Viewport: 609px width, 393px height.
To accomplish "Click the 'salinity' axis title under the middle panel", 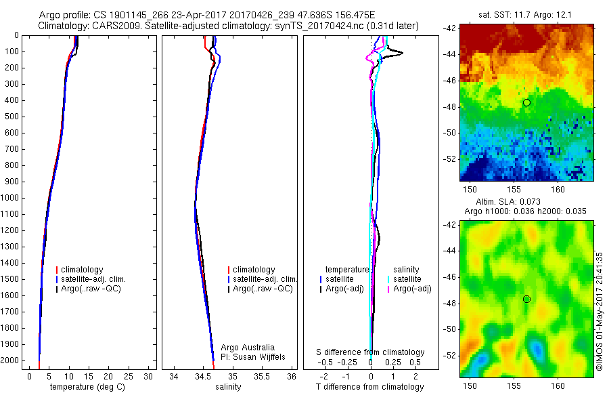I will (228, 387).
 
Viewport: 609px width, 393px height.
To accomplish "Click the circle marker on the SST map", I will (526, 102).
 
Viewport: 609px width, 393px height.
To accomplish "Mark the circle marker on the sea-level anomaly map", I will (526, 299).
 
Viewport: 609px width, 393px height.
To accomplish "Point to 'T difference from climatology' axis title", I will (369, 387).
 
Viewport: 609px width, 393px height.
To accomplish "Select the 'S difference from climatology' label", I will (371, 352).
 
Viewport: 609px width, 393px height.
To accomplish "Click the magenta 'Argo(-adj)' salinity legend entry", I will (412, 289).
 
